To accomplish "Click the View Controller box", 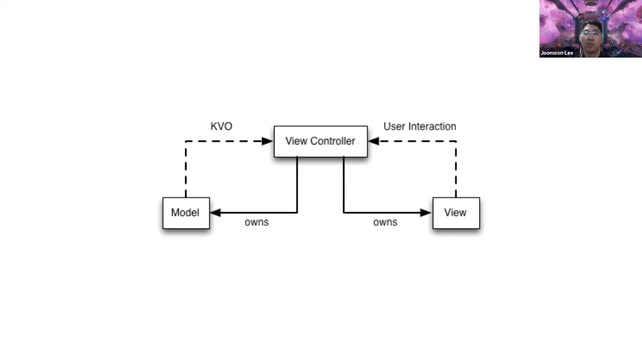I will pos(320,141).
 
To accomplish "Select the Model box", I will pos(186,213).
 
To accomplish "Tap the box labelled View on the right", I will pos(456,213).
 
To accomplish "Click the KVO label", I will pos(221,126).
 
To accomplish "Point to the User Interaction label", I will pos(420,126).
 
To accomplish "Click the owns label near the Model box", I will pos(256,222).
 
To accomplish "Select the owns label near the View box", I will pos(385,222).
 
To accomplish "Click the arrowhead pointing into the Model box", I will pos(215,213).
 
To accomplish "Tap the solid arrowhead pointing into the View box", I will pos(426,213).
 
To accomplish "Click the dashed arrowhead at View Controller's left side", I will pos(267,141).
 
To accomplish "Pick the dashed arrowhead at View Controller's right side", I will pos(374,141).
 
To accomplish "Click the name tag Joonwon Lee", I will pos(557,53).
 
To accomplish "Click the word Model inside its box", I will pos(185,213).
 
